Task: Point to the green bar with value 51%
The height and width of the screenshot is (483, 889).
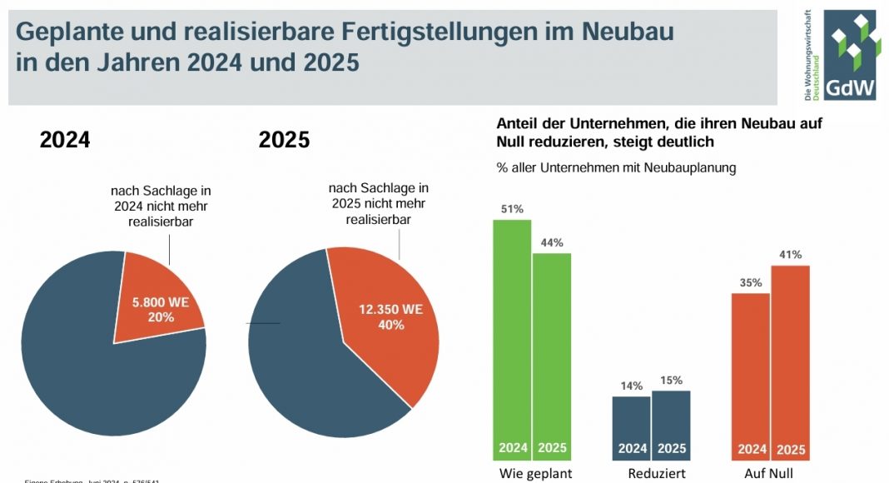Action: (x=512, y=333)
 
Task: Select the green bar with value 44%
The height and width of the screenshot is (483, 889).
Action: (x=552, y=350)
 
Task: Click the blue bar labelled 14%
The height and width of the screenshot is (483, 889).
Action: (x=632, y=421)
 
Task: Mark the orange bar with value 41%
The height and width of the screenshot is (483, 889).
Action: (x=790, y=358)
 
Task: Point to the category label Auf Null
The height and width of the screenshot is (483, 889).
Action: (x=770, y=474)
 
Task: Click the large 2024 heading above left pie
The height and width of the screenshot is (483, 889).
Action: (x=64, y=140)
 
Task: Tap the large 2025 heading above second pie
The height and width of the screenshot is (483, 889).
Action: (x=284, y=140)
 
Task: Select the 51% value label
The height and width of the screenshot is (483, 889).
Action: (x=512, y=209)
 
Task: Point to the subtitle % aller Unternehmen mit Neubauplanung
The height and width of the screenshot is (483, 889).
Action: (x=616, y=168)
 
